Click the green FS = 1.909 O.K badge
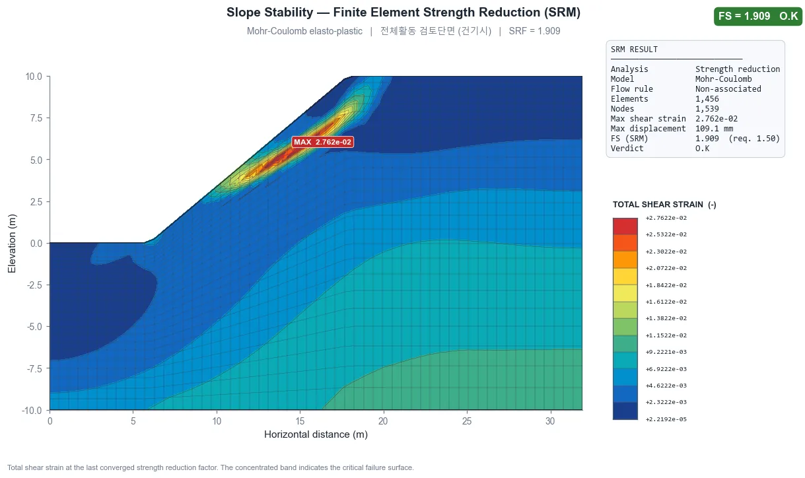758,16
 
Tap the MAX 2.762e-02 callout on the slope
322,142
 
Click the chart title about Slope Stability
403,13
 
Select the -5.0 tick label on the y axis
34,327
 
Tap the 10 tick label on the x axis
217,421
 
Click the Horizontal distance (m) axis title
316,434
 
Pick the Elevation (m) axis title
11,244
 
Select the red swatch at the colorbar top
625,226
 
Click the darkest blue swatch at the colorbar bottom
625,411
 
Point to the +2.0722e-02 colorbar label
666,268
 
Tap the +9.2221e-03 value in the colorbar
666,352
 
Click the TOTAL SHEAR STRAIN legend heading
664,205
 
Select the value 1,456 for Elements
707,99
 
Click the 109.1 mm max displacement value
714,129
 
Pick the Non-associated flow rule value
728,88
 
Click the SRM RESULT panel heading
634,50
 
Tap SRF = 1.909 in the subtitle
534,31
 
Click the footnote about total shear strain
211,467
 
